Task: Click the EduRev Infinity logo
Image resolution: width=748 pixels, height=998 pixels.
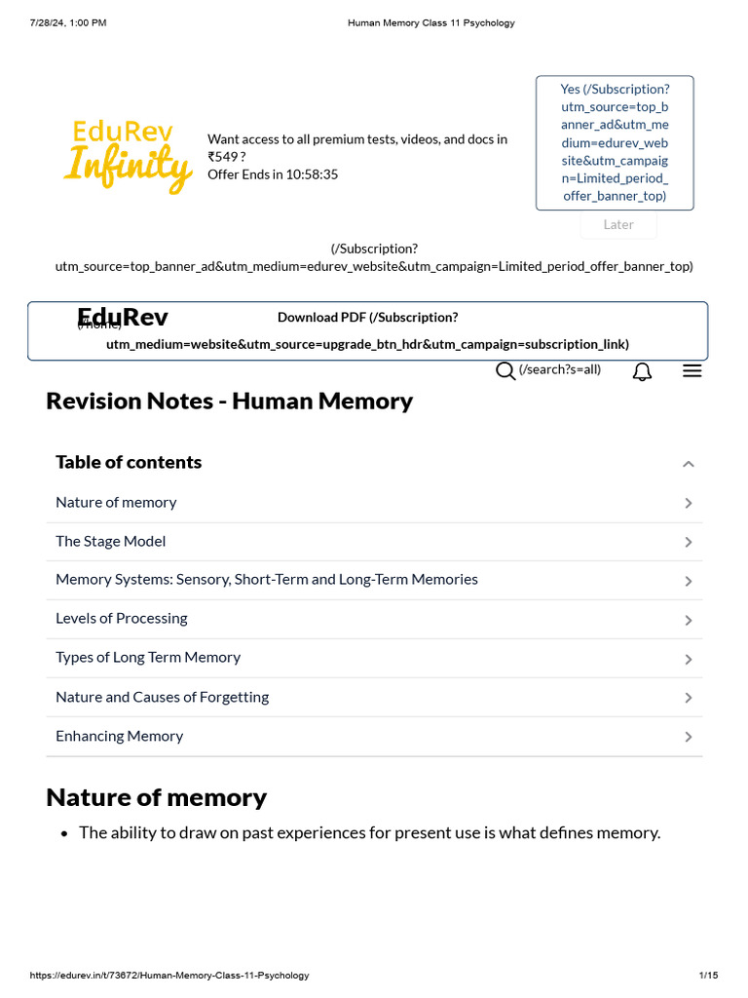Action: [128, 156]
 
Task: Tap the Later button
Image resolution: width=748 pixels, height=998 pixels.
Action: [618, 224]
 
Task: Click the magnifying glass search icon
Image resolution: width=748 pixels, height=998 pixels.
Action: [505, 370]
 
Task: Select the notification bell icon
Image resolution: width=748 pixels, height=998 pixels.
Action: [642, 371]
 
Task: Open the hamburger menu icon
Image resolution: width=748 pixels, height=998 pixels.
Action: [692, 370]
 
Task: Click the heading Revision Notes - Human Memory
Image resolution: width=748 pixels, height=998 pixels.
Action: [229, 401]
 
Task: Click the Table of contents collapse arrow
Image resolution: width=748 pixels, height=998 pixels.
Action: [689, 464]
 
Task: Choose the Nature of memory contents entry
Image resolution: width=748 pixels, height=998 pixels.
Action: [116, 502]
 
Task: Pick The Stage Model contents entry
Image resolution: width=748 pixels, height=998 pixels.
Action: [110, 541]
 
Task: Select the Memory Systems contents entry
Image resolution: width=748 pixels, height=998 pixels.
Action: [266, 579]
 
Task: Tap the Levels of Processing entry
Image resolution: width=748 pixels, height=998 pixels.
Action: [121, 618]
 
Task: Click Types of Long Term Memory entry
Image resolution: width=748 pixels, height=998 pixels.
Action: [147, 657]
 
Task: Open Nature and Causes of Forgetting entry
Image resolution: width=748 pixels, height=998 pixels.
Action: [162, 697]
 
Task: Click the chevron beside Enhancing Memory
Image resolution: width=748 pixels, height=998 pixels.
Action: [689, 737]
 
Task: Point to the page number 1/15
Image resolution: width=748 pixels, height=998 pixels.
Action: [708, 976]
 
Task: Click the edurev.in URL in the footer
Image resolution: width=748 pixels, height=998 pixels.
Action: [169, 976]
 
